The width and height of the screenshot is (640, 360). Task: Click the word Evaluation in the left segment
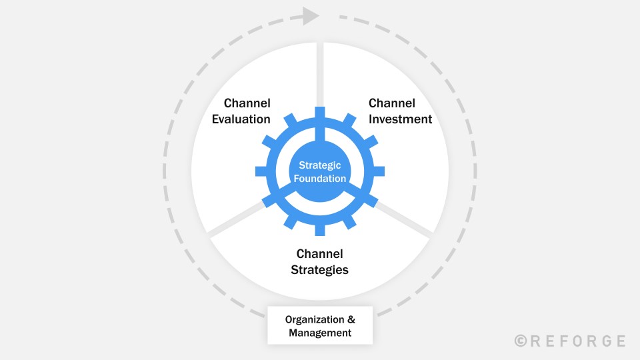click(241, 119)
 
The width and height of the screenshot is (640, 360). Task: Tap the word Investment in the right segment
click(400, 119)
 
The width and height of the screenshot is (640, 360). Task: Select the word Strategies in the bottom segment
click(319, 270)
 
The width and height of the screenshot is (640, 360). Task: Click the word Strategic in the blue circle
click(319, 165)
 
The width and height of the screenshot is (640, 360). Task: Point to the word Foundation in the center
click(319, 179)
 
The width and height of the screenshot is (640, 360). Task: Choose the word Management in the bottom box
click(320, 333)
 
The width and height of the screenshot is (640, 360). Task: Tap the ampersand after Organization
click(351, 319)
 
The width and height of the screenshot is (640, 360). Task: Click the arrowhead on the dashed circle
click(311, 16)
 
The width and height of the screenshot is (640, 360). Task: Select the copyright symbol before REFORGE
click(521, 341)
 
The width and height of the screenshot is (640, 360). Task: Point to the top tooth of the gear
click(320, 113)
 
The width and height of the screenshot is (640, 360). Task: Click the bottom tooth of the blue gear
click(320, 230)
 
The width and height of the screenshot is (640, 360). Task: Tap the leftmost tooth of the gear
click(261, 171)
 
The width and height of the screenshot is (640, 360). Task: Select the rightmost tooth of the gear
click(379, 171)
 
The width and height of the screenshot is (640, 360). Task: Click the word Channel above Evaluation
click(247, 103)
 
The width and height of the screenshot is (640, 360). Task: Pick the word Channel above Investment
click(392, 103)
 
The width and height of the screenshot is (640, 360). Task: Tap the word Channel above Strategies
click(319, 254)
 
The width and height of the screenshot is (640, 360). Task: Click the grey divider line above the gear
click(320, 75)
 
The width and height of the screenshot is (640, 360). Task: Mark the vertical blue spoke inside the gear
click(320, 131)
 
